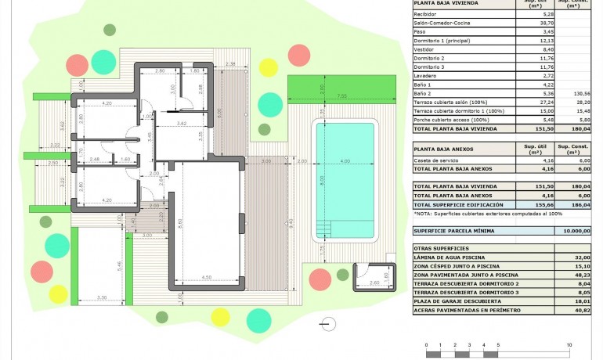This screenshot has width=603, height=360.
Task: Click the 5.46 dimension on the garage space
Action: pyautogui.click(x=119, y=265)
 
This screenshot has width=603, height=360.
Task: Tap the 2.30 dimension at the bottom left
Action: pyautogui.click(x=102, y=297)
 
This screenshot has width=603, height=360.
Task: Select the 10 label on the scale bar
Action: pyautogui.click(x=568, y=345)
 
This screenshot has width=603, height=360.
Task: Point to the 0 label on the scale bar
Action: pyautogui.click(x=427, y=345)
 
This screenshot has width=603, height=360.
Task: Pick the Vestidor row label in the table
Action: pyautogui.click(x=424, y=49)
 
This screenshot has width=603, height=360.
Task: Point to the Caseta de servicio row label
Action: pyautogui.click(x=438, y=160)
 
